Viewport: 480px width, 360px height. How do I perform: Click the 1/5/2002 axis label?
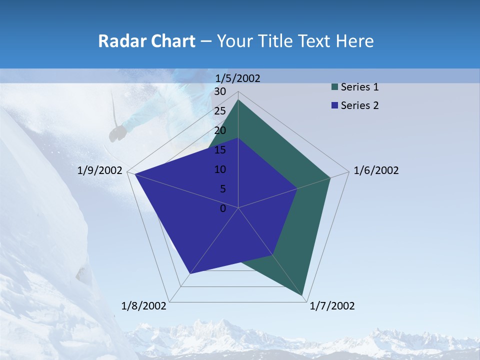click(x=237, y=78)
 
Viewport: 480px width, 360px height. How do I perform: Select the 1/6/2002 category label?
click(x=376, y=170)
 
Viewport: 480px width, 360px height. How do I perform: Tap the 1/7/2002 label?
click(x=332, y=306)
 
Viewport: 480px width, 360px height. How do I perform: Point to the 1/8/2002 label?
click(x=144, y=306)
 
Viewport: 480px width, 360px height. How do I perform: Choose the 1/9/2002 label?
click(x=100, y=170)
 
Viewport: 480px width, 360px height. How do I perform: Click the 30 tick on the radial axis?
click(x=220, y=91)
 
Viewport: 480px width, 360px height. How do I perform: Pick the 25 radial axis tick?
click(x=220, y=111)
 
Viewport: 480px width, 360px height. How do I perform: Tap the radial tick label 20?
click(x=220, y=130)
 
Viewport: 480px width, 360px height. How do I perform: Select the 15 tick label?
click(x=220, y=150)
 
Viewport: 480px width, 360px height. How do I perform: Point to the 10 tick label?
click(x=220, y=169)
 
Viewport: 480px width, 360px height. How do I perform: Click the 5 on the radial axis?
click(x=222, y=189)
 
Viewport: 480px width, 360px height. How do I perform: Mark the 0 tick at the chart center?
click(x=223, y=208)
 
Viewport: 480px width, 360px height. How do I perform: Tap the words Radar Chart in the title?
click(x=146, y=41)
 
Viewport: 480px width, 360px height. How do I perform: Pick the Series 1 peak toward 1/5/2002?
click(x=238, y=100)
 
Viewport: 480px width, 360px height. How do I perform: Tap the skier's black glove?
click(x=118, y=133)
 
